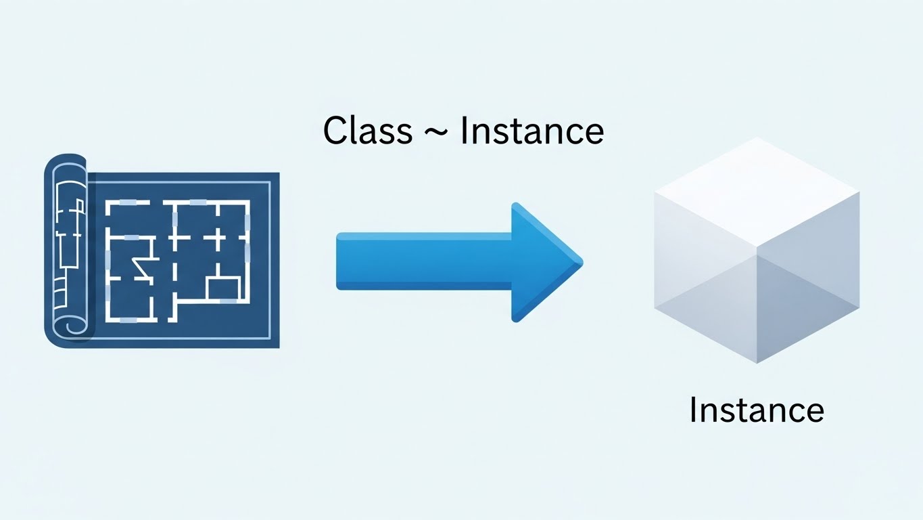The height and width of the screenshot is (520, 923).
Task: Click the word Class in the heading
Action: [x=367, y=130]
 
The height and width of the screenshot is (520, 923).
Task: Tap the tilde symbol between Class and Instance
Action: [x=436, y=133]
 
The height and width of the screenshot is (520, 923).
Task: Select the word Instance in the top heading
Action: [x=531, y=130]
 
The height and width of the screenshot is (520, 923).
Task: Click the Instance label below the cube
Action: [x=756, y=410]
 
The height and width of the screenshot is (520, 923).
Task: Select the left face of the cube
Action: [x=703, y=284]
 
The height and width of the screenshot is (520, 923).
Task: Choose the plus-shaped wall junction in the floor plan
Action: [x=218, y=238]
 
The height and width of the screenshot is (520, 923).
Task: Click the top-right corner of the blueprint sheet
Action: [x=278, y=173]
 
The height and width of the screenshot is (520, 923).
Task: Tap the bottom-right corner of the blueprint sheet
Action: [x=278, y=347]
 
